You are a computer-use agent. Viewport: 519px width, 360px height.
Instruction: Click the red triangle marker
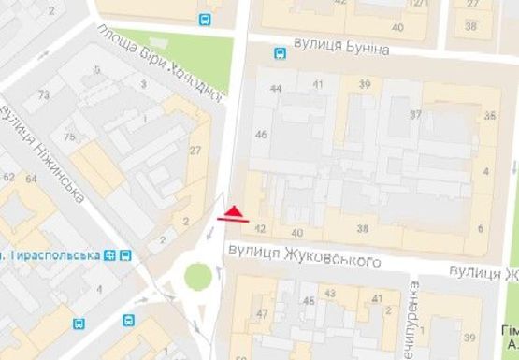point(235,209)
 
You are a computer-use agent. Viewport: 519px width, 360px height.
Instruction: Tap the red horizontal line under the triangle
point(233,220)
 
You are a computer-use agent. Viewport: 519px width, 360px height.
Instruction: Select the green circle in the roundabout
point(197,277)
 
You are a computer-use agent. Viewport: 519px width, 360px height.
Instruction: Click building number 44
point(275,88)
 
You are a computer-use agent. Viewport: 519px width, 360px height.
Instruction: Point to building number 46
point(262,136)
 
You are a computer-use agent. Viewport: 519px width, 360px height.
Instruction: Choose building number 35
point(490,115)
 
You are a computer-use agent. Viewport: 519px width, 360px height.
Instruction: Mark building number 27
point(195,151)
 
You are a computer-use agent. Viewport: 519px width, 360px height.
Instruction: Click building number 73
point(44,95)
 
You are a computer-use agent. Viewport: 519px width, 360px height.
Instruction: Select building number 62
point(8,177)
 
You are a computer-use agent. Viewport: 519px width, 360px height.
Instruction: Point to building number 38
point(362,229)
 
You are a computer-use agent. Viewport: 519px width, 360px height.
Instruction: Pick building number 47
point(263,313)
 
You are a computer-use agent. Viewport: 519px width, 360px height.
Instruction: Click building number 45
point(308,301)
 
